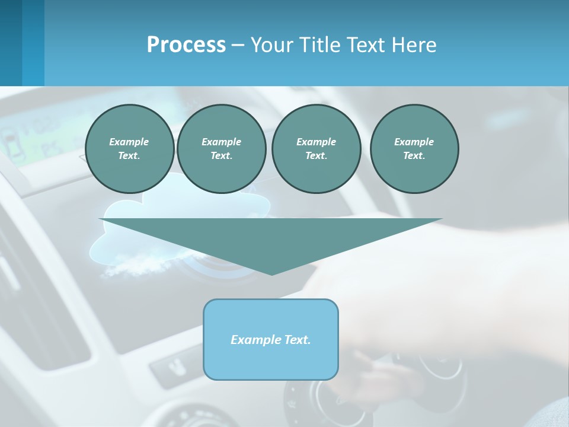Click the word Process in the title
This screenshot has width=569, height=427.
click(x=186, y=45)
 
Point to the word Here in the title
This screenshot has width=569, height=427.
click(x=414, y=45)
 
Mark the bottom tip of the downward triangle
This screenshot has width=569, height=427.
click(x=271, y=274)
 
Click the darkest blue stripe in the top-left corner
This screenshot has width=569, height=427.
click(x=11, y=43)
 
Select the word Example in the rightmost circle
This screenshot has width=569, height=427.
click(x=414, y=142)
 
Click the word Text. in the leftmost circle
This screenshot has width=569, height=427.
click(x=129, y=155)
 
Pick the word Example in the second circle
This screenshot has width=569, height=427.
click(x=221, y=142)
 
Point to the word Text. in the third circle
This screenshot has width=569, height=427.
click(x=316, y=155)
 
